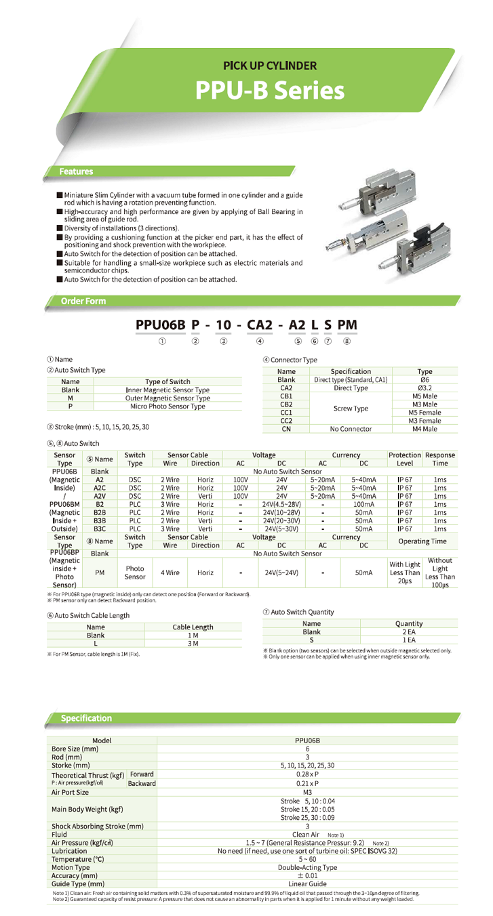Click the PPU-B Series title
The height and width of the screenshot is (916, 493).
(x=270, y=91)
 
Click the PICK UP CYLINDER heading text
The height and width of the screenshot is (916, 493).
(x=270, y=66)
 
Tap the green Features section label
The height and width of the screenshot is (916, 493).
(x=75, y=171)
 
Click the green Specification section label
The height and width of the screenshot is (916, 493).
(x=86, y=717)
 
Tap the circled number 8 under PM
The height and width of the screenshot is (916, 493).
(x=347, y=341)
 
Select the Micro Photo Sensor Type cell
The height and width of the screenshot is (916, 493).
(x=166, y=407)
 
